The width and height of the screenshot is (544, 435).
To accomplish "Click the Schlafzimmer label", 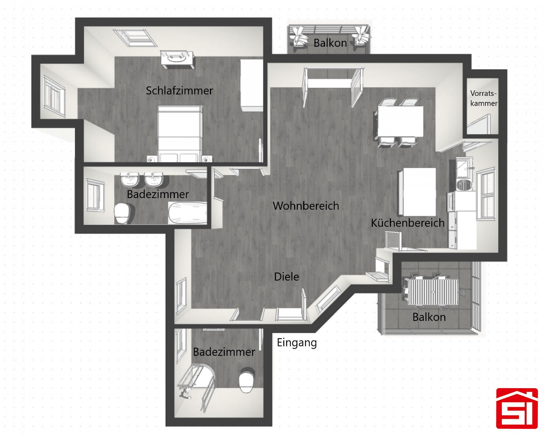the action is pyautogui.click(x=179, y=91).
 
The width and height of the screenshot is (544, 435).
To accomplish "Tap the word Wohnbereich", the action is pyautogui.click(x=306, y=206).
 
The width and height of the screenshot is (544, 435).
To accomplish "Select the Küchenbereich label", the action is pyautogui.click(x=408, y=223).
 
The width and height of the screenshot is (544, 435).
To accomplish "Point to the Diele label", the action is pyautogui.click(x=286, y=277).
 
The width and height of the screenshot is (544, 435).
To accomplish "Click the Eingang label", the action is pyautogui.click(x=297, y=343).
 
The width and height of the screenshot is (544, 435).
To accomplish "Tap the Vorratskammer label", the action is pyautogui.click(x=484, y=98).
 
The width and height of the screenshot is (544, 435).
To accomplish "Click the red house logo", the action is pyautogui.click(x=517, y=408).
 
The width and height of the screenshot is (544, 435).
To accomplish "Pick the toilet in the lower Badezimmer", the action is pyautogui.click(x=247, y=380).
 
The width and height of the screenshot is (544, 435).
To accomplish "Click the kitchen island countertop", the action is pyautogui.click(x=417, y=192).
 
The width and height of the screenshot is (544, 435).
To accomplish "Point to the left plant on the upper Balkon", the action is pyautogui.click(x=299, y=36).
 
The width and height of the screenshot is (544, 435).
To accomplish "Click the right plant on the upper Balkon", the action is pyautogui.click(x=361, y=36).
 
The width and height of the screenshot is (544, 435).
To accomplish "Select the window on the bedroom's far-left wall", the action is pyautogui.click(x=54, y=96).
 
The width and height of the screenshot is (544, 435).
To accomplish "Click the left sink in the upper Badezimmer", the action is pyautogui.click(x=130, y=179).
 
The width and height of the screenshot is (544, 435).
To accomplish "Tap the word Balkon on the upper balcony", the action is pyautogui.click(x=330, y=43).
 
